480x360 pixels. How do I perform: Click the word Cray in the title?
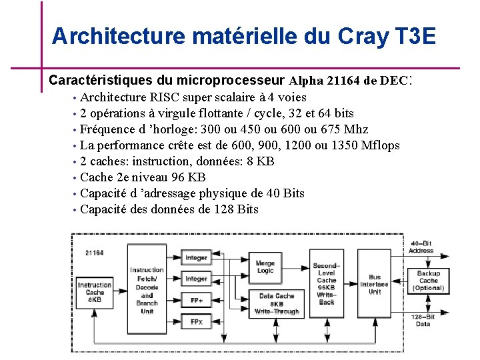pos(362,35)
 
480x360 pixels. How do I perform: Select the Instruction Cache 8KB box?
pos(95,292)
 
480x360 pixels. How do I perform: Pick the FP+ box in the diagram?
pos(196,301)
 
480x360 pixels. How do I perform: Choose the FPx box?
pos(196,322)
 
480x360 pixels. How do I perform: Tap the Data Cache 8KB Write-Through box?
pos(276,303)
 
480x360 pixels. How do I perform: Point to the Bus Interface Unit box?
pos(374,285)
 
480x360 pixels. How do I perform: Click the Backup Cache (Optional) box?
pos(429,281)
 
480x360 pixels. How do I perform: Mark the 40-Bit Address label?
pos(422,247)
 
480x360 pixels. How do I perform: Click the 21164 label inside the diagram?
pos(95,253)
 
